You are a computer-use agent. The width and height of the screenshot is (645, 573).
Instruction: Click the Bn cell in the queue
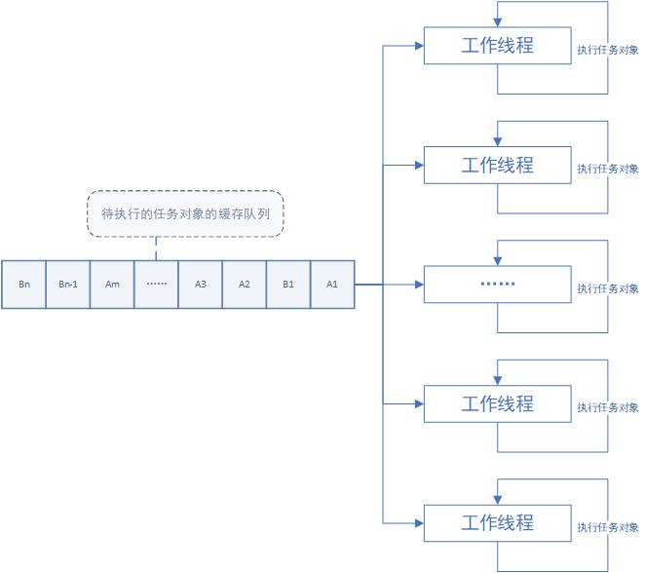coord(23,285)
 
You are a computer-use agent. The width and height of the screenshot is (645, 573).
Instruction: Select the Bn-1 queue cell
coord(67,285)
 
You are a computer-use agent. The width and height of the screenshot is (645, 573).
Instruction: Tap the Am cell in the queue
coord(112,285)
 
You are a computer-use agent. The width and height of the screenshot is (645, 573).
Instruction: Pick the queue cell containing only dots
coord(156,285)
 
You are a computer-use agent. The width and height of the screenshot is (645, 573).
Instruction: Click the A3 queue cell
coord(200,285)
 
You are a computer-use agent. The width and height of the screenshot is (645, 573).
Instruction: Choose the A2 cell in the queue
coord(245,285)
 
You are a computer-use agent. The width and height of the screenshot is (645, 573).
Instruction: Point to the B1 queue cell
coord(288,285)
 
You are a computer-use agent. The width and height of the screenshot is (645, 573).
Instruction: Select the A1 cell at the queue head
coord(332,285)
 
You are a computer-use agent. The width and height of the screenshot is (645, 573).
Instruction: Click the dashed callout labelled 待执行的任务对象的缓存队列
coord(185,214)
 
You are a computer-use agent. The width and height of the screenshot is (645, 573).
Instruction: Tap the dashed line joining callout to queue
coord(156,249)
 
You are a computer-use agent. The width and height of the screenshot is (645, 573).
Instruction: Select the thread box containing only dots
coord(497,285)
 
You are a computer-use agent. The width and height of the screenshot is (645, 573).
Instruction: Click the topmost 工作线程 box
coord(497,45)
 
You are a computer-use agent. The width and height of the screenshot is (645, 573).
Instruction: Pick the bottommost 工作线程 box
coord(497,522)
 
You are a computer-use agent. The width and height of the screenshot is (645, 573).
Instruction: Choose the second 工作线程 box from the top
coord(497,165)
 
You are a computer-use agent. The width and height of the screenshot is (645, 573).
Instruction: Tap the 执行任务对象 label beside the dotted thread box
coord(607,288)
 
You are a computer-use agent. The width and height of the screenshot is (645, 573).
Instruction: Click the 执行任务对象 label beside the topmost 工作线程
coord(607,50)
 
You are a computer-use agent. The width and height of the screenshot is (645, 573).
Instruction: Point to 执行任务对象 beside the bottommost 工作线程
coord(607,527)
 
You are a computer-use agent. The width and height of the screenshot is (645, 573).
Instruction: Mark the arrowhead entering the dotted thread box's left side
coord(419,285)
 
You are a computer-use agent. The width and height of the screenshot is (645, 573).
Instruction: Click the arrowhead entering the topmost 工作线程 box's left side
coord(419,45)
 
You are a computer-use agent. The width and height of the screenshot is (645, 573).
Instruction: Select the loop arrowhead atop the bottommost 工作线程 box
coord(498,500)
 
